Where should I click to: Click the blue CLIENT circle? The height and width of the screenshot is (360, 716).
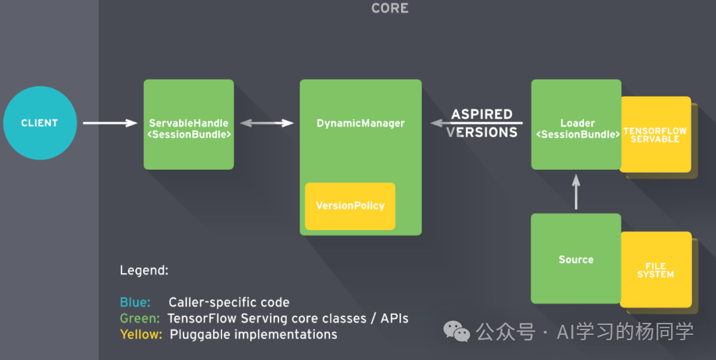[x=40, y=123]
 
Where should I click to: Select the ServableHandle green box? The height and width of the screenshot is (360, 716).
[x=189, y=125]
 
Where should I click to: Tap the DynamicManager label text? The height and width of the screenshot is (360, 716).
[x=361, y=123]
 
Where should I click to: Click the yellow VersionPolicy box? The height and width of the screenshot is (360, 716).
[x=350, y=206]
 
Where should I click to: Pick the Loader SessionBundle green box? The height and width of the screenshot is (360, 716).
[x=576, y=125]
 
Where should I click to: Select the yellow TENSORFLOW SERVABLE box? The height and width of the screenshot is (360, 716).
[x=655, y=135]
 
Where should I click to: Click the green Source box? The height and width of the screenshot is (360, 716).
[x=575, y=259]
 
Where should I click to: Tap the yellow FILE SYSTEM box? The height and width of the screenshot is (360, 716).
[x=655, y=270]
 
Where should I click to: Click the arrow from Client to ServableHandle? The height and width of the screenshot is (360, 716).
[x=109, y=123]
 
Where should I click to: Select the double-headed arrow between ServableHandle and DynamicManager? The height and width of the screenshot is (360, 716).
[x=267, y=123]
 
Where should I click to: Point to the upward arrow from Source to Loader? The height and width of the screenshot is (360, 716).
[x=575, y=192]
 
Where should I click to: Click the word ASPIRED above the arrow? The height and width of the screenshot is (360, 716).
[x=482, y=114]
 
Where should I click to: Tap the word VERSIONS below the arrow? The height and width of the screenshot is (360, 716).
[x=482, y=133]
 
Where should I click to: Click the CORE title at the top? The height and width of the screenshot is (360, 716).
[x=390, y=9]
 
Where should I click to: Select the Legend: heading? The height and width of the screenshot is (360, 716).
[x=144, y=270]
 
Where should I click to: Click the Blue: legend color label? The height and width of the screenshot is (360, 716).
[x=135, y=302]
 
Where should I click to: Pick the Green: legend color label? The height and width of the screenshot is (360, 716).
[x=140, y=318]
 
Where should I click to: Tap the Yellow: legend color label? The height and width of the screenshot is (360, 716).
[x=141, y=334]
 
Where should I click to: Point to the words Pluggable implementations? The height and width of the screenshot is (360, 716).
[x=253, y=334]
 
